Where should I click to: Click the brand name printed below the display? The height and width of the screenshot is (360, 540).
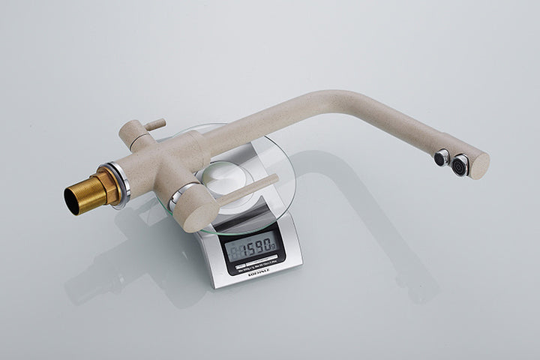[x=258, y=274]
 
